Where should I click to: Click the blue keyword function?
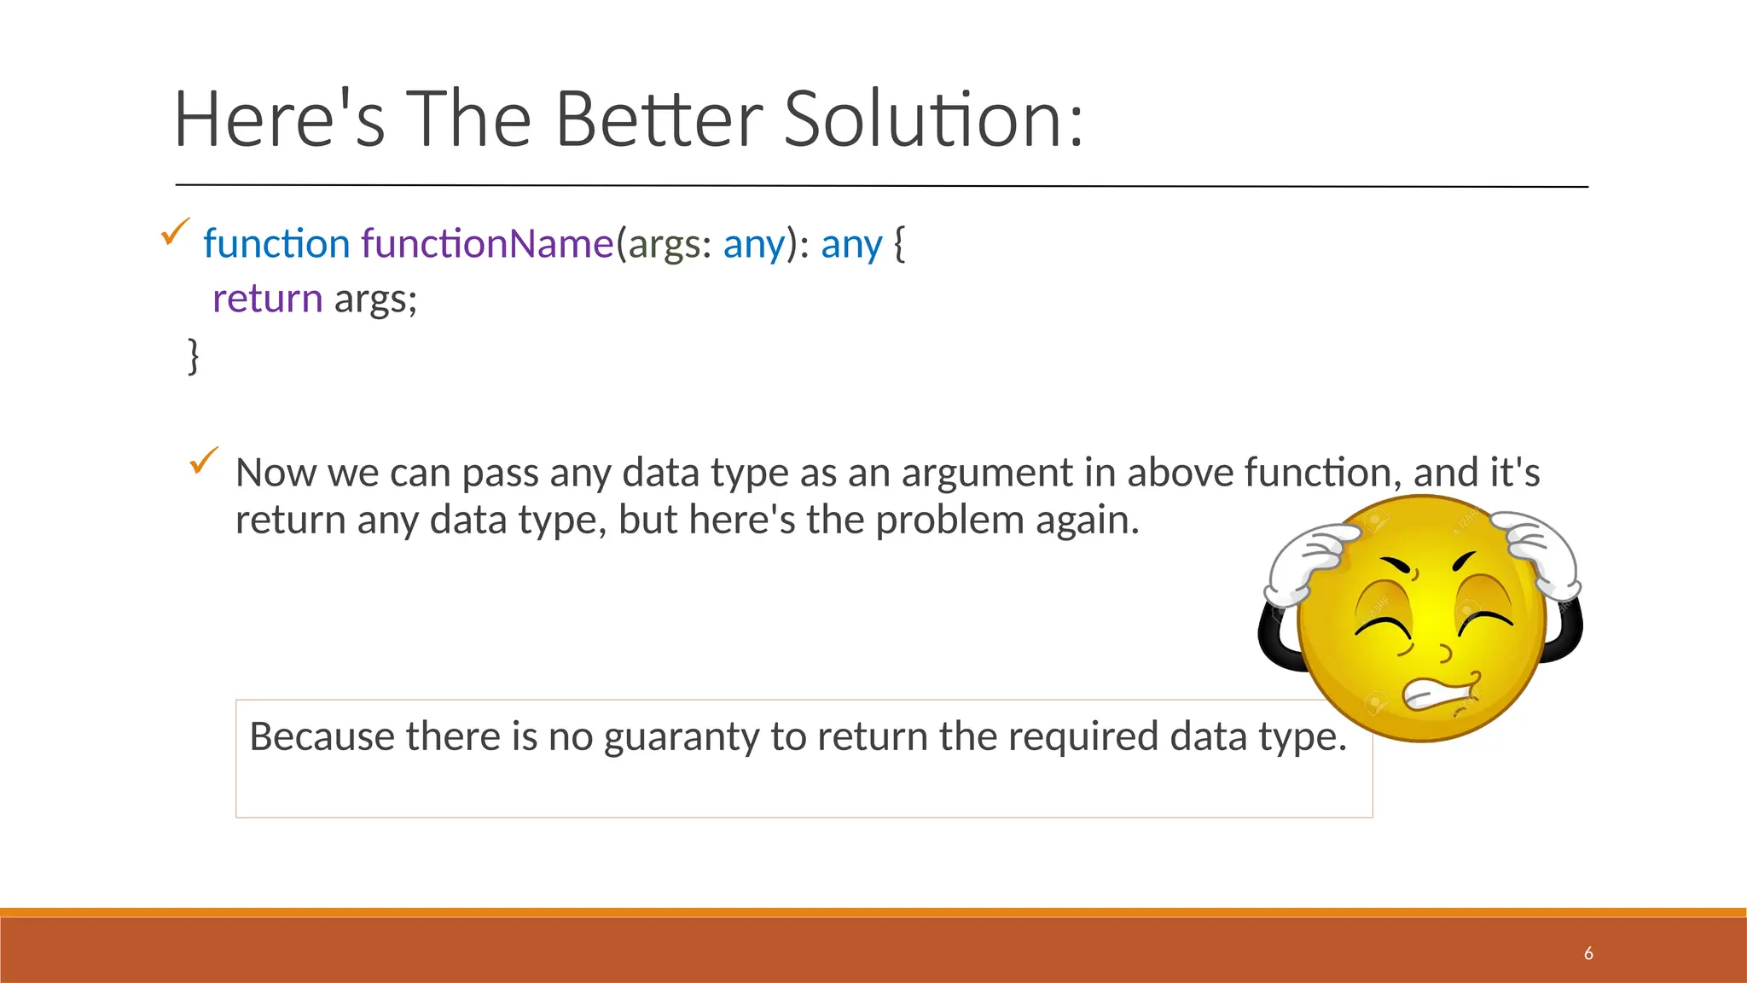pyautogui.click(x=276, y=244)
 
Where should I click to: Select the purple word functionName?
pyautogui.click(x=487, y=244)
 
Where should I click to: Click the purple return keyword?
pyautogui.click(x=267, y=299)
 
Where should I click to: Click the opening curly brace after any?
pyautogui.click(x=899, y=244)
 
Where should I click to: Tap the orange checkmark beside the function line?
pyautogui.click(x=175, y=231)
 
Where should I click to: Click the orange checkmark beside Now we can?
pyautogui.click(x=204, y=461)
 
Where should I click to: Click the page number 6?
pyautogui.click(x=1588, y=954)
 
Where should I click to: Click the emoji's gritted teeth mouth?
pyautogui.click(x=1442, y=692)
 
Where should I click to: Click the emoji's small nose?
pyautogui.click(x=1444, y=654)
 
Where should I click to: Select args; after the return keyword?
pyautogui.click(x=375, y=300)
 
